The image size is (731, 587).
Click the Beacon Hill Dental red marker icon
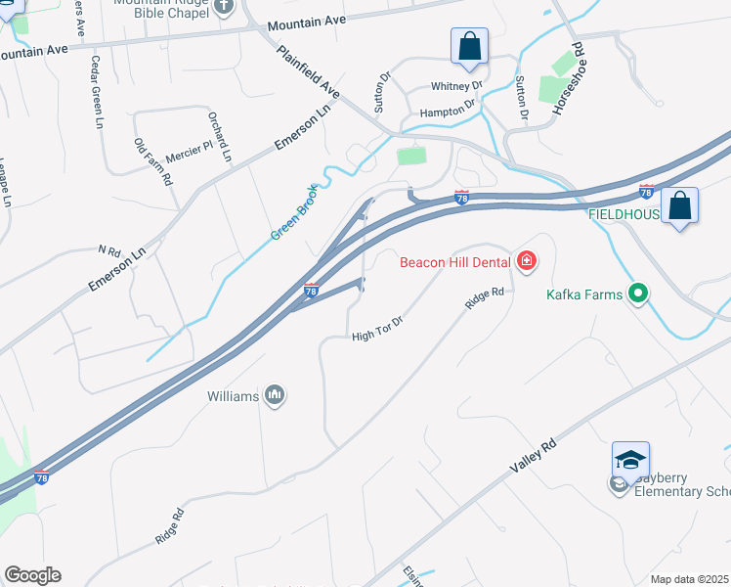(x=527, y=260)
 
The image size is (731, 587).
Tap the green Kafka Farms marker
(x=638, y=293)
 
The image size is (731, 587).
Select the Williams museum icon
(x=275, y=395)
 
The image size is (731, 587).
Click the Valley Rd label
(x=533, y=458)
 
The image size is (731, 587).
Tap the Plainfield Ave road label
(x=308, y=71)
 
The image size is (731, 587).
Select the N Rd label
(x=107, y=249)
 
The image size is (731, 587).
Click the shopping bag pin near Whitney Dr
(x=469, y=46)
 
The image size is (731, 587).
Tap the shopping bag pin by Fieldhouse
(x=679, y=206)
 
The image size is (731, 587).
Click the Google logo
(x=32, y=575)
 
